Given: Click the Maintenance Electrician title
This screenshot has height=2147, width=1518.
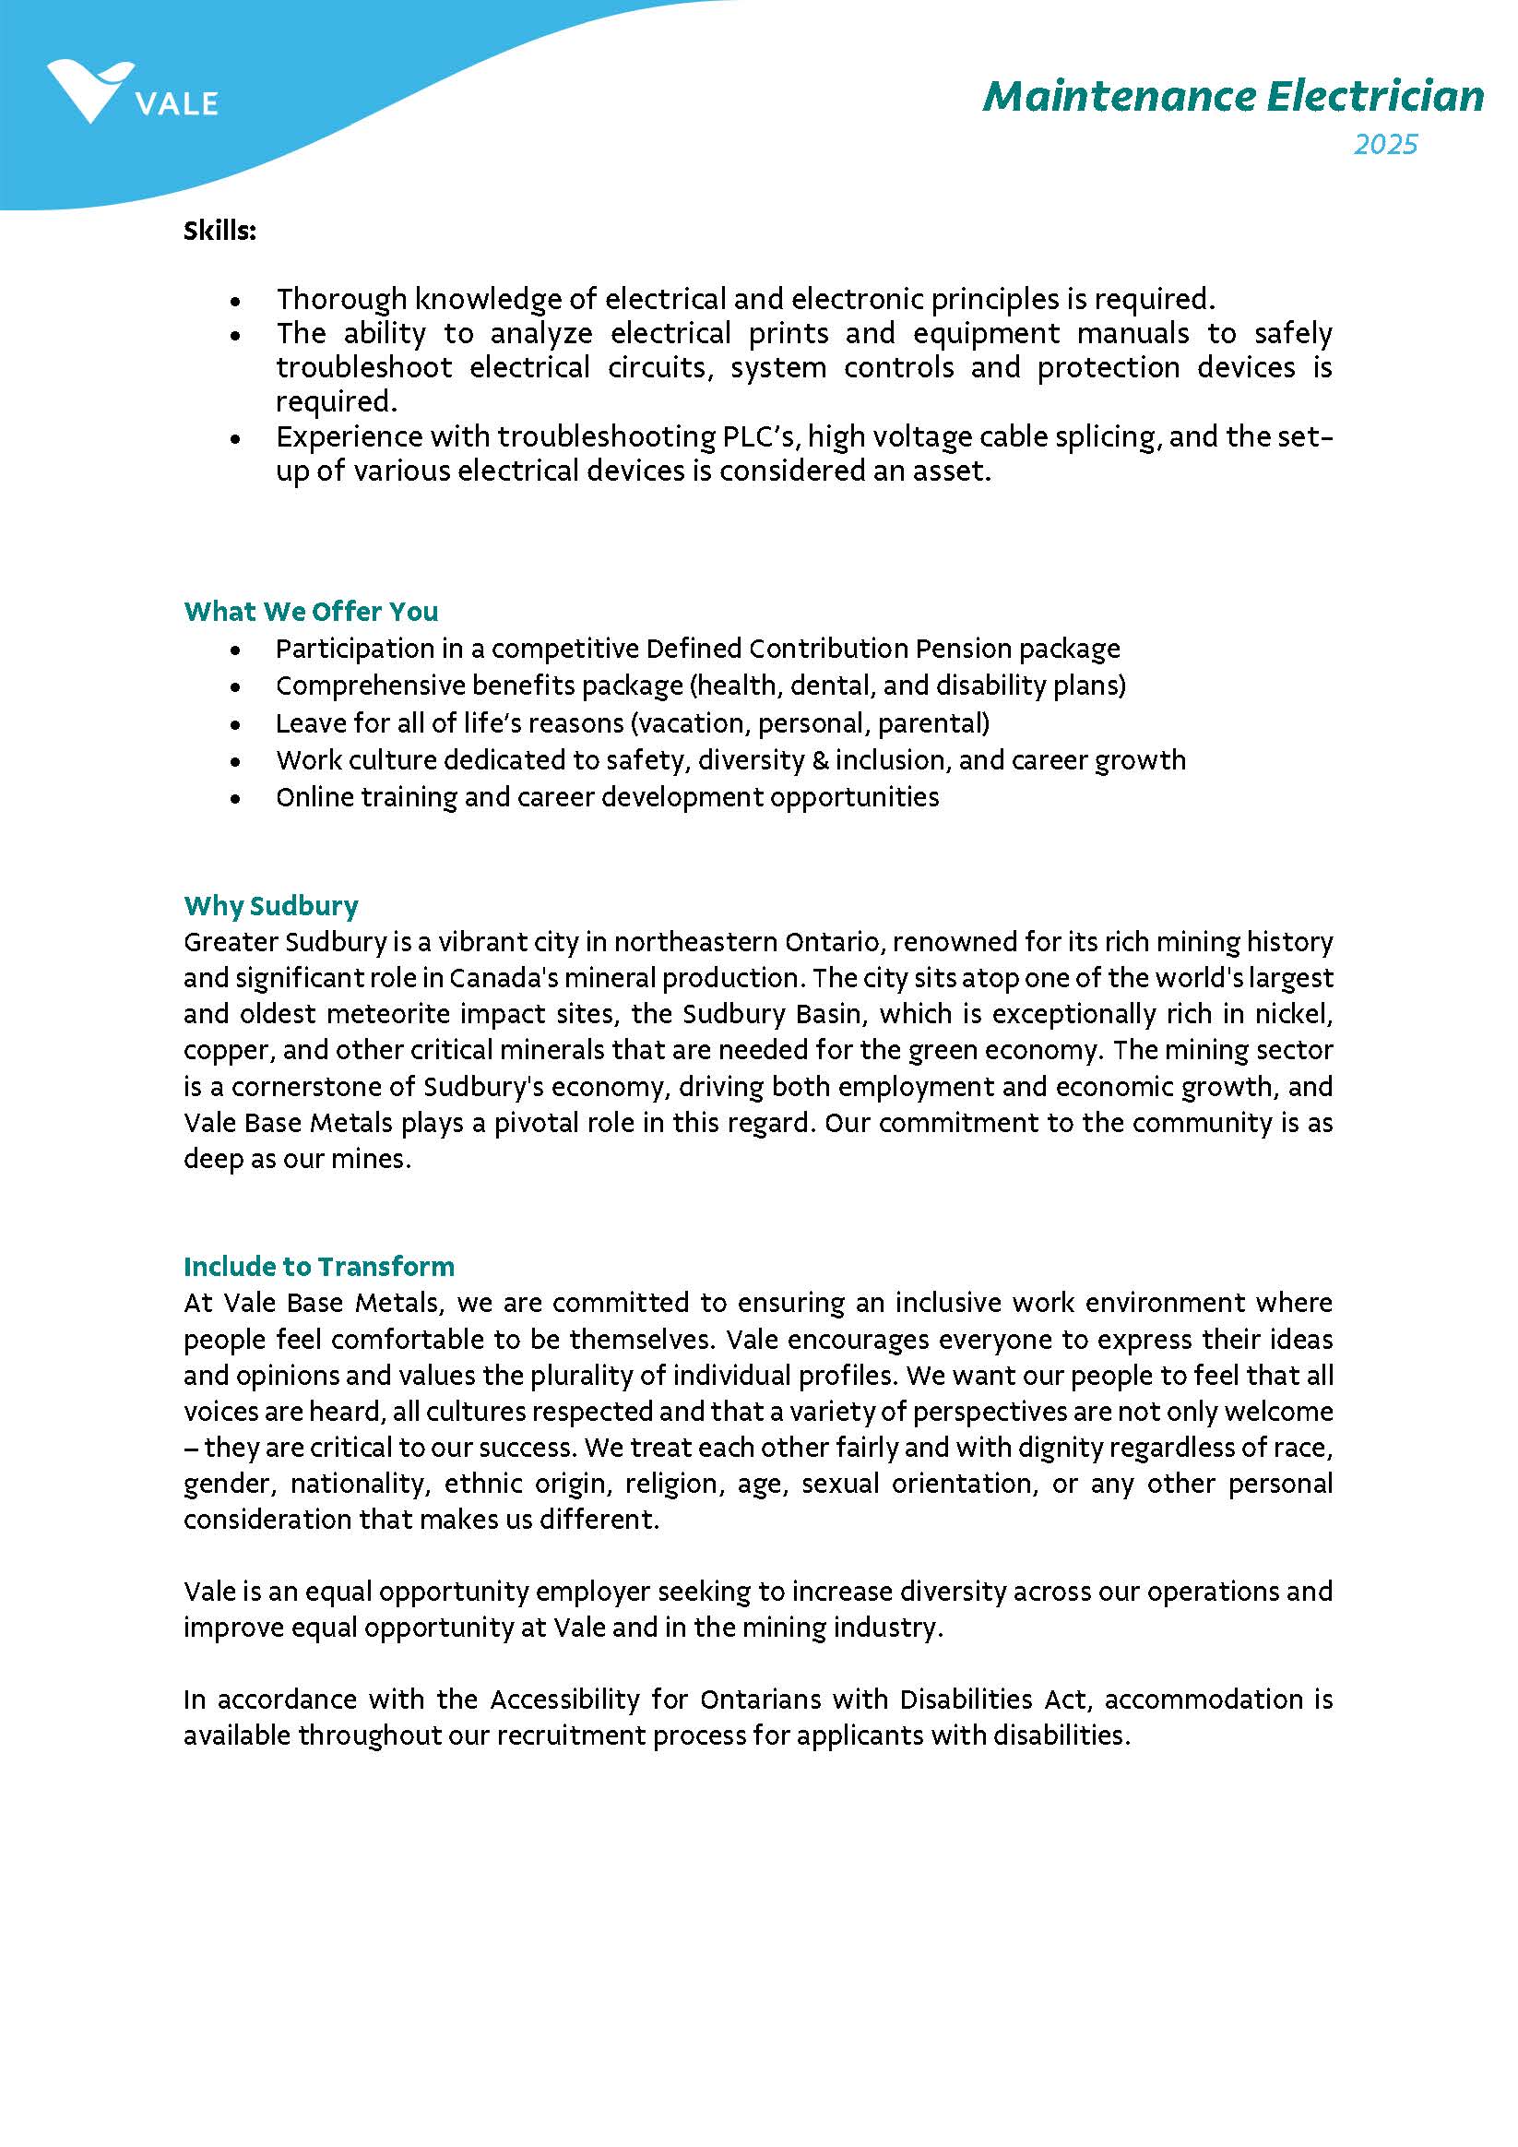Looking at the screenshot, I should [x=1232, y=96].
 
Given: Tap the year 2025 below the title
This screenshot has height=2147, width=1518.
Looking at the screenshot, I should [x=1385, y=144].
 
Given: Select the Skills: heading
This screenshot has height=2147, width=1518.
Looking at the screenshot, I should [x=219, y=230].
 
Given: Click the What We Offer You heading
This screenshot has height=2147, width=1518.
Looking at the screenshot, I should [x=310, y=611].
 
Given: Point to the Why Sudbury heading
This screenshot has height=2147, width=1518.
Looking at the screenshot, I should [x=271, y=905].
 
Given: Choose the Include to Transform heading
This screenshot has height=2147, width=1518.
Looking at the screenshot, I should [x=319, y=1266].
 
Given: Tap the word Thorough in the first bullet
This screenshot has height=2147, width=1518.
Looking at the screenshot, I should [x=340, y=299].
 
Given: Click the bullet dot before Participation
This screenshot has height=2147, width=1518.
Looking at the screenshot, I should [x=235, y=650].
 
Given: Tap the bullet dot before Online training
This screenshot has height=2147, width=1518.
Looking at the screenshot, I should [x=235, y=799].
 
